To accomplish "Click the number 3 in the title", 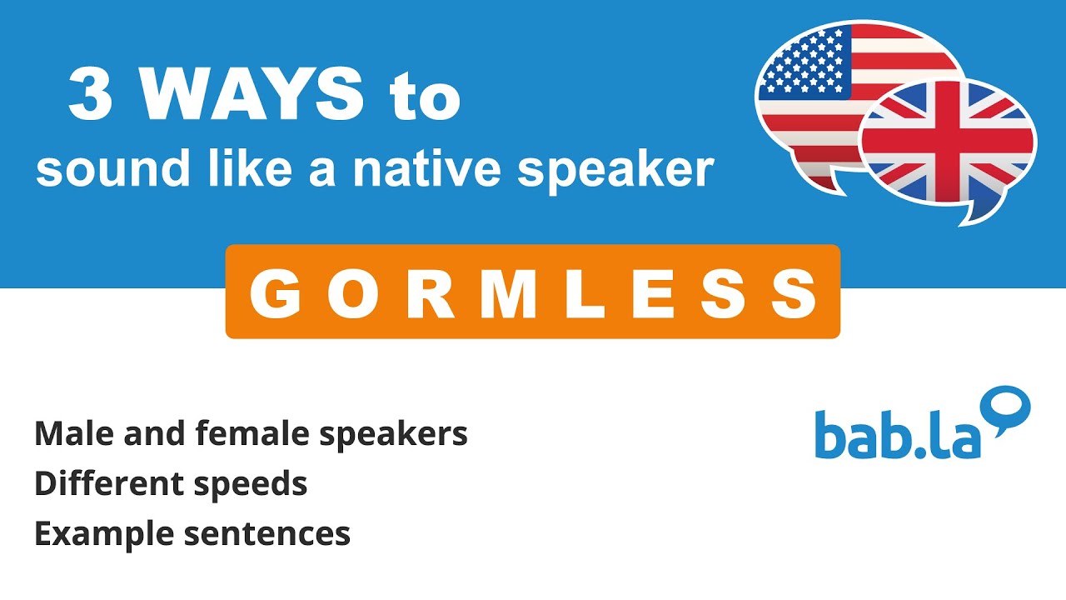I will (90, 96).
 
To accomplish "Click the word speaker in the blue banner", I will (615, 172).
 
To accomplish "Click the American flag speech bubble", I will (833, 92).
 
